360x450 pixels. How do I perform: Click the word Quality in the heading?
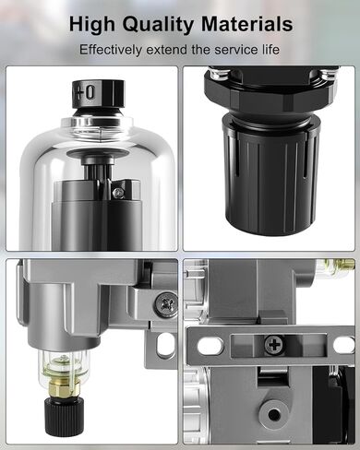[x=159, y=25]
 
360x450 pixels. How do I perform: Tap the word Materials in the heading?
[x=246, y=24]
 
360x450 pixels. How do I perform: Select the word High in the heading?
[x=92, y=25]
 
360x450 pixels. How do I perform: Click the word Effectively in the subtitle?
[x=111, y=50]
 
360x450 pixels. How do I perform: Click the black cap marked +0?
[x=98, y=94]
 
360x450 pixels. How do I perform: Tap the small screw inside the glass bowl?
[x=118, y=193]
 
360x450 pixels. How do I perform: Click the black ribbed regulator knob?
[x=270, y=175]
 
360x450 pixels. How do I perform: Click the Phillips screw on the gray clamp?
[x=166, y=304]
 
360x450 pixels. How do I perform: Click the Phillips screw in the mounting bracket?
[x=274, y=344]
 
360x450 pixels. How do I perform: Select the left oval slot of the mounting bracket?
[x=210, y=345]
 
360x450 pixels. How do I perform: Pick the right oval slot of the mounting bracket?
[x=343, y=345]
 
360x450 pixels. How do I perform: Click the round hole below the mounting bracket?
[x=273, y=415]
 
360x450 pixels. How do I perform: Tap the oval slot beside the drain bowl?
[x=165, y=343]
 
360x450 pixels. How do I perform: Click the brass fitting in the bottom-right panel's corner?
[x=345, y=265]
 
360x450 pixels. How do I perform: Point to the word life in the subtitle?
[x=271, y=50]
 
